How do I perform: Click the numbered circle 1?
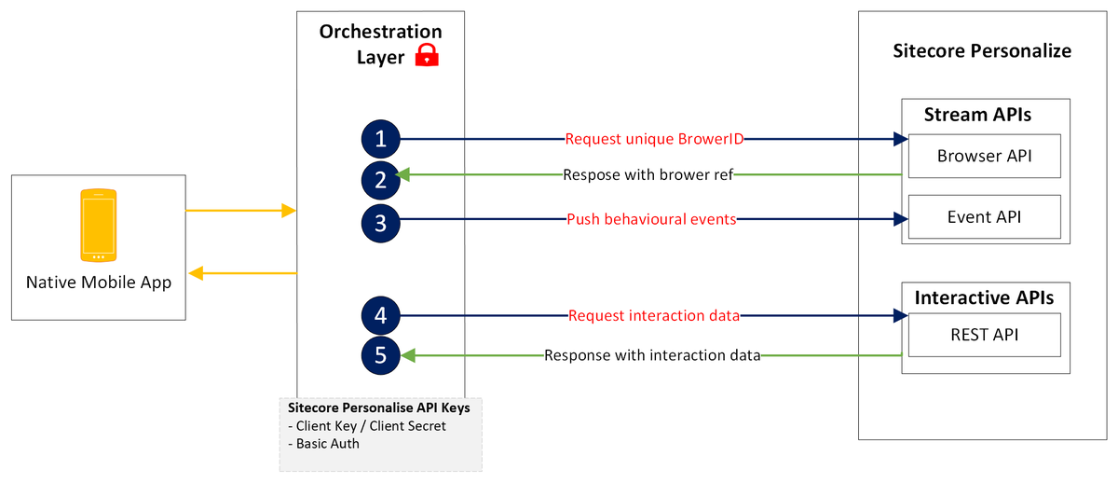[380, 140]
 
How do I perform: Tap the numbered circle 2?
[380, 179]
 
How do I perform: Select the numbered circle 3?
[380, 221]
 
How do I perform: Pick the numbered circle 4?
[380, 316]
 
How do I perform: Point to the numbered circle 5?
[380, 355]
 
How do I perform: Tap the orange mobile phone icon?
[98, 225]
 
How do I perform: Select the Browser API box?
[984, 155]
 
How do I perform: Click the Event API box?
[984, 216]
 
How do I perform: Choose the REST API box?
[984, 335]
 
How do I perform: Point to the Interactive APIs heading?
[984, 298]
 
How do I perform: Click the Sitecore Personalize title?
[982, 50]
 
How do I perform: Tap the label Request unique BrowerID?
[654, 140]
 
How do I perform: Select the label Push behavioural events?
[651, 220]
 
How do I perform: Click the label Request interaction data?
[654, 316]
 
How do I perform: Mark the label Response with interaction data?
[652, 355]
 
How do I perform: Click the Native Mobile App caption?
[99, 283]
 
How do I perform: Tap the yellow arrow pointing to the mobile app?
[242, 273]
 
